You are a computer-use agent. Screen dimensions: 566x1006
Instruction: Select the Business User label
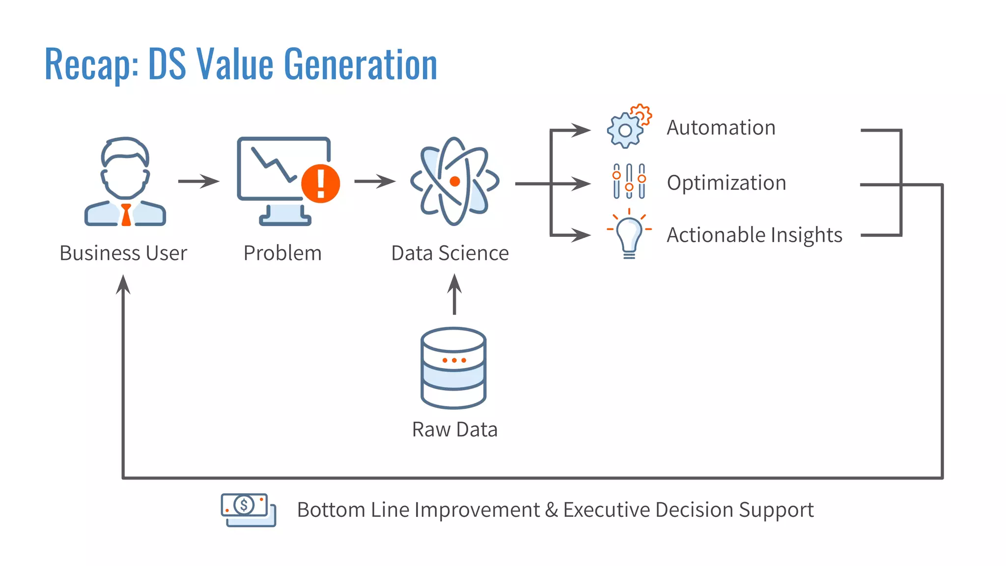click(123, 254)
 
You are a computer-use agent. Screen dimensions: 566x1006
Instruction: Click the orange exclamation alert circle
click(320, 183)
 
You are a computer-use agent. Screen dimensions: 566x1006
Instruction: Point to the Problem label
click(282, 254)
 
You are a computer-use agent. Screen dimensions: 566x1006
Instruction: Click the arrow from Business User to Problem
click(198, 181)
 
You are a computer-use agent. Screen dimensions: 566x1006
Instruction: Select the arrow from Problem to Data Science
click(375, 181)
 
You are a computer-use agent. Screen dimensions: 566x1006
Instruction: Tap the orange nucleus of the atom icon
click(455, 181)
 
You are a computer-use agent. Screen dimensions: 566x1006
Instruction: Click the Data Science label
click(450, 254)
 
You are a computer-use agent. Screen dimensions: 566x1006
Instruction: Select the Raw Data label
click(455, 430)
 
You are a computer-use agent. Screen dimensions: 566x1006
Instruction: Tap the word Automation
click(721, 128)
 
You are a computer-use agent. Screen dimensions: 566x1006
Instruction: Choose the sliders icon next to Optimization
click(629, 181)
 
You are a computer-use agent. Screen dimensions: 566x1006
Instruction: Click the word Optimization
click(727, 183)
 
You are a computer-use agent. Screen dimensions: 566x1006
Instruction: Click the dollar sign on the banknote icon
click(244, 505)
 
